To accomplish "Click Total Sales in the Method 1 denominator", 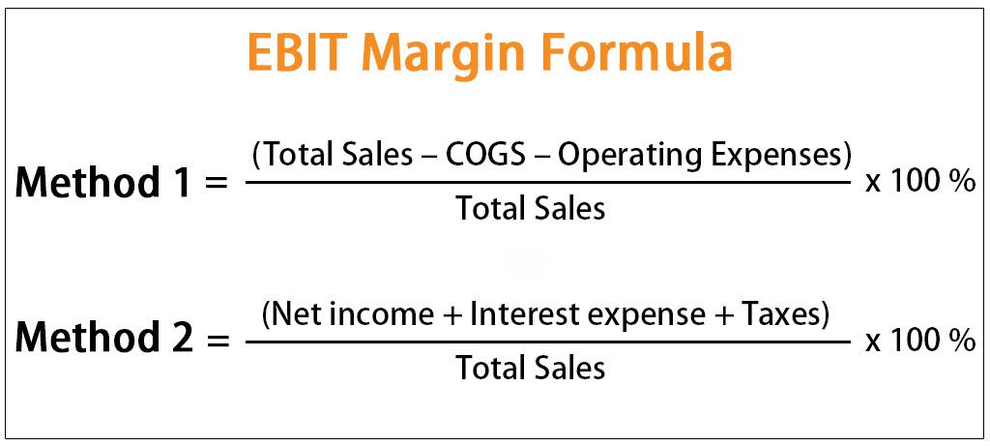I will (x=531, y=208).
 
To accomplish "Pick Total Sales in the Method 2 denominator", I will (x=531, y=367).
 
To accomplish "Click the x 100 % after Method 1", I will (x=919, y=182).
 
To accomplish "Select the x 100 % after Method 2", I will (x=919, y=341).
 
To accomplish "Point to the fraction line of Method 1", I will (x=548, y=182).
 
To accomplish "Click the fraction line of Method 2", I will (x=548, y=341).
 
